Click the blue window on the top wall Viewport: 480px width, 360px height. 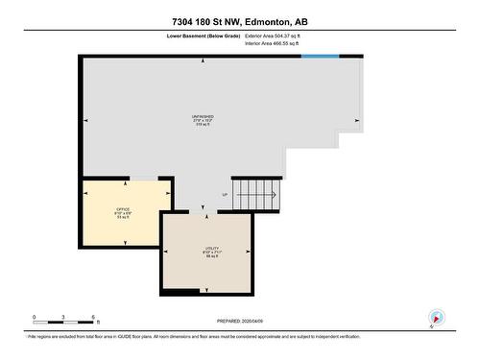pos(320,57)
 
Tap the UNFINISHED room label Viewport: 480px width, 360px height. pos(203,120)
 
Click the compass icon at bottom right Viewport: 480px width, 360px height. pos(437,318)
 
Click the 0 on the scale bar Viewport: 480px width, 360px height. pos(34,317)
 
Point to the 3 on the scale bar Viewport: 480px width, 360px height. pos(63,317)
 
